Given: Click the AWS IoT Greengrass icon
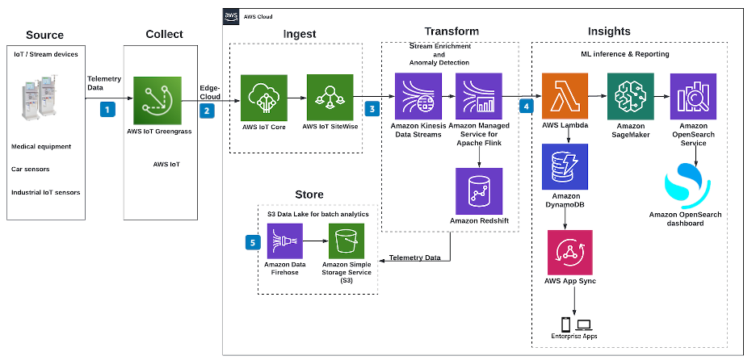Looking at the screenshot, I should point(158,100).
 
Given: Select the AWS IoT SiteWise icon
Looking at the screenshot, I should point(330,98).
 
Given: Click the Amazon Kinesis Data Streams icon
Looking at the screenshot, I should point(418,97).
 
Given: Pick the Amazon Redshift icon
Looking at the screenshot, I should point(479,191).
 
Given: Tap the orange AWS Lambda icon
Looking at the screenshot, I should point(565,97).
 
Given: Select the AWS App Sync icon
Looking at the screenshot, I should point(569,253).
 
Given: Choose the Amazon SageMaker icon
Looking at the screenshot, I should point(630,97).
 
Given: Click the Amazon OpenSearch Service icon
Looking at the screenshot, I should point(692,97).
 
